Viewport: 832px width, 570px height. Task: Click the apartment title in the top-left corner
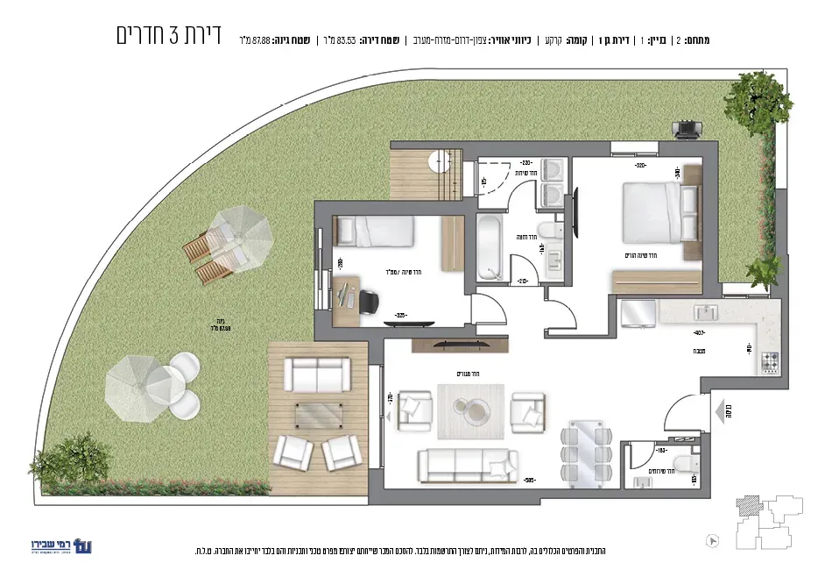[x=168, y=36]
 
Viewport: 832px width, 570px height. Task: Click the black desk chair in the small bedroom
[x=369, y=300]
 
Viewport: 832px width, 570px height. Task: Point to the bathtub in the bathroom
[x=489, y=247]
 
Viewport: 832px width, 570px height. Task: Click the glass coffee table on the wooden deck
[x=319, y=413]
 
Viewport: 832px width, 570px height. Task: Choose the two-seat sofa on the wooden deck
[x=319, y=376]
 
